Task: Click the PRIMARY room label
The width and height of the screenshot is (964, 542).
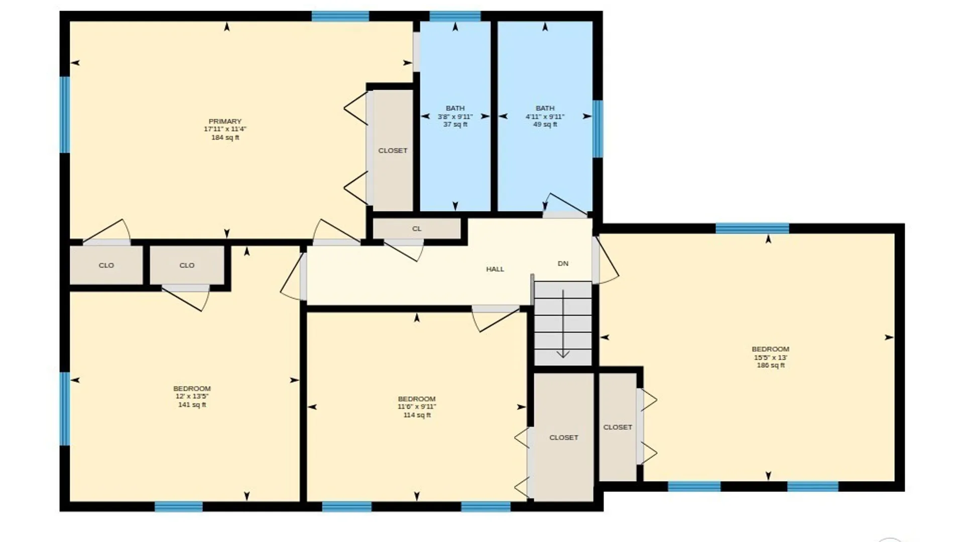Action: coord(225,121)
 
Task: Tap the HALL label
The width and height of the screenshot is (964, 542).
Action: coord(495,269)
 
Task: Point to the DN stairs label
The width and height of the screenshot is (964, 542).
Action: coord(563,263)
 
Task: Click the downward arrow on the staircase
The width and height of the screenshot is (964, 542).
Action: coord(563,324)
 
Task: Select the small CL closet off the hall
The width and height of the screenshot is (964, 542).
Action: coord(417,229)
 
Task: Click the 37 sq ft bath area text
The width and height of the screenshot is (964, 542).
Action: coord(455,124)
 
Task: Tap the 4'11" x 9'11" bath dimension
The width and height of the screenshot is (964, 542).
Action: coord(545,116)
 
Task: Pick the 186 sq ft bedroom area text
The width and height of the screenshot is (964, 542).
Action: coord(771,365)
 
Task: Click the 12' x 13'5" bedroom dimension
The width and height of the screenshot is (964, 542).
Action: coord(192,396)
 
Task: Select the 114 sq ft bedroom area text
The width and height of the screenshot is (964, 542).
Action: coord(417,415)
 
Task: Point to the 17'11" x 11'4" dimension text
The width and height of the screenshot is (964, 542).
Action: coord(225,129)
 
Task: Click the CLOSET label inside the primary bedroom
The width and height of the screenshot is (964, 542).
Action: coord(393,151)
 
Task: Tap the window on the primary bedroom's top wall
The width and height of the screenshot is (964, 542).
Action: coord(340,16)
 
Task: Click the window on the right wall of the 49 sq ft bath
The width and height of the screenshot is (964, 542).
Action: coord(597,129)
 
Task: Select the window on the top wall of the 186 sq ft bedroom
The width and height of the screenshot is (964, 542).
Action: coord(752,229)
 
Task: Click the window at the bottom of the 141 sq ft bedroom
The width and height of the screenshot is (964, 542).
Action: coord(179,506)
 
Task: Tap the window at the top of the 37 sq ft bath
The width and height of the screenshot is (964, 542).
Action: coord(455,16)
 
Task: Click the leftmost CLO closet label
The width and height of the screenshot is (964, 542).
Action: coord(106,265)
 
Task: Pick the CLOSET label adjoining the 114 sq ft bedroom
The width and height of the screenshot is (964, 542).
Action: coord(564,438)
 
